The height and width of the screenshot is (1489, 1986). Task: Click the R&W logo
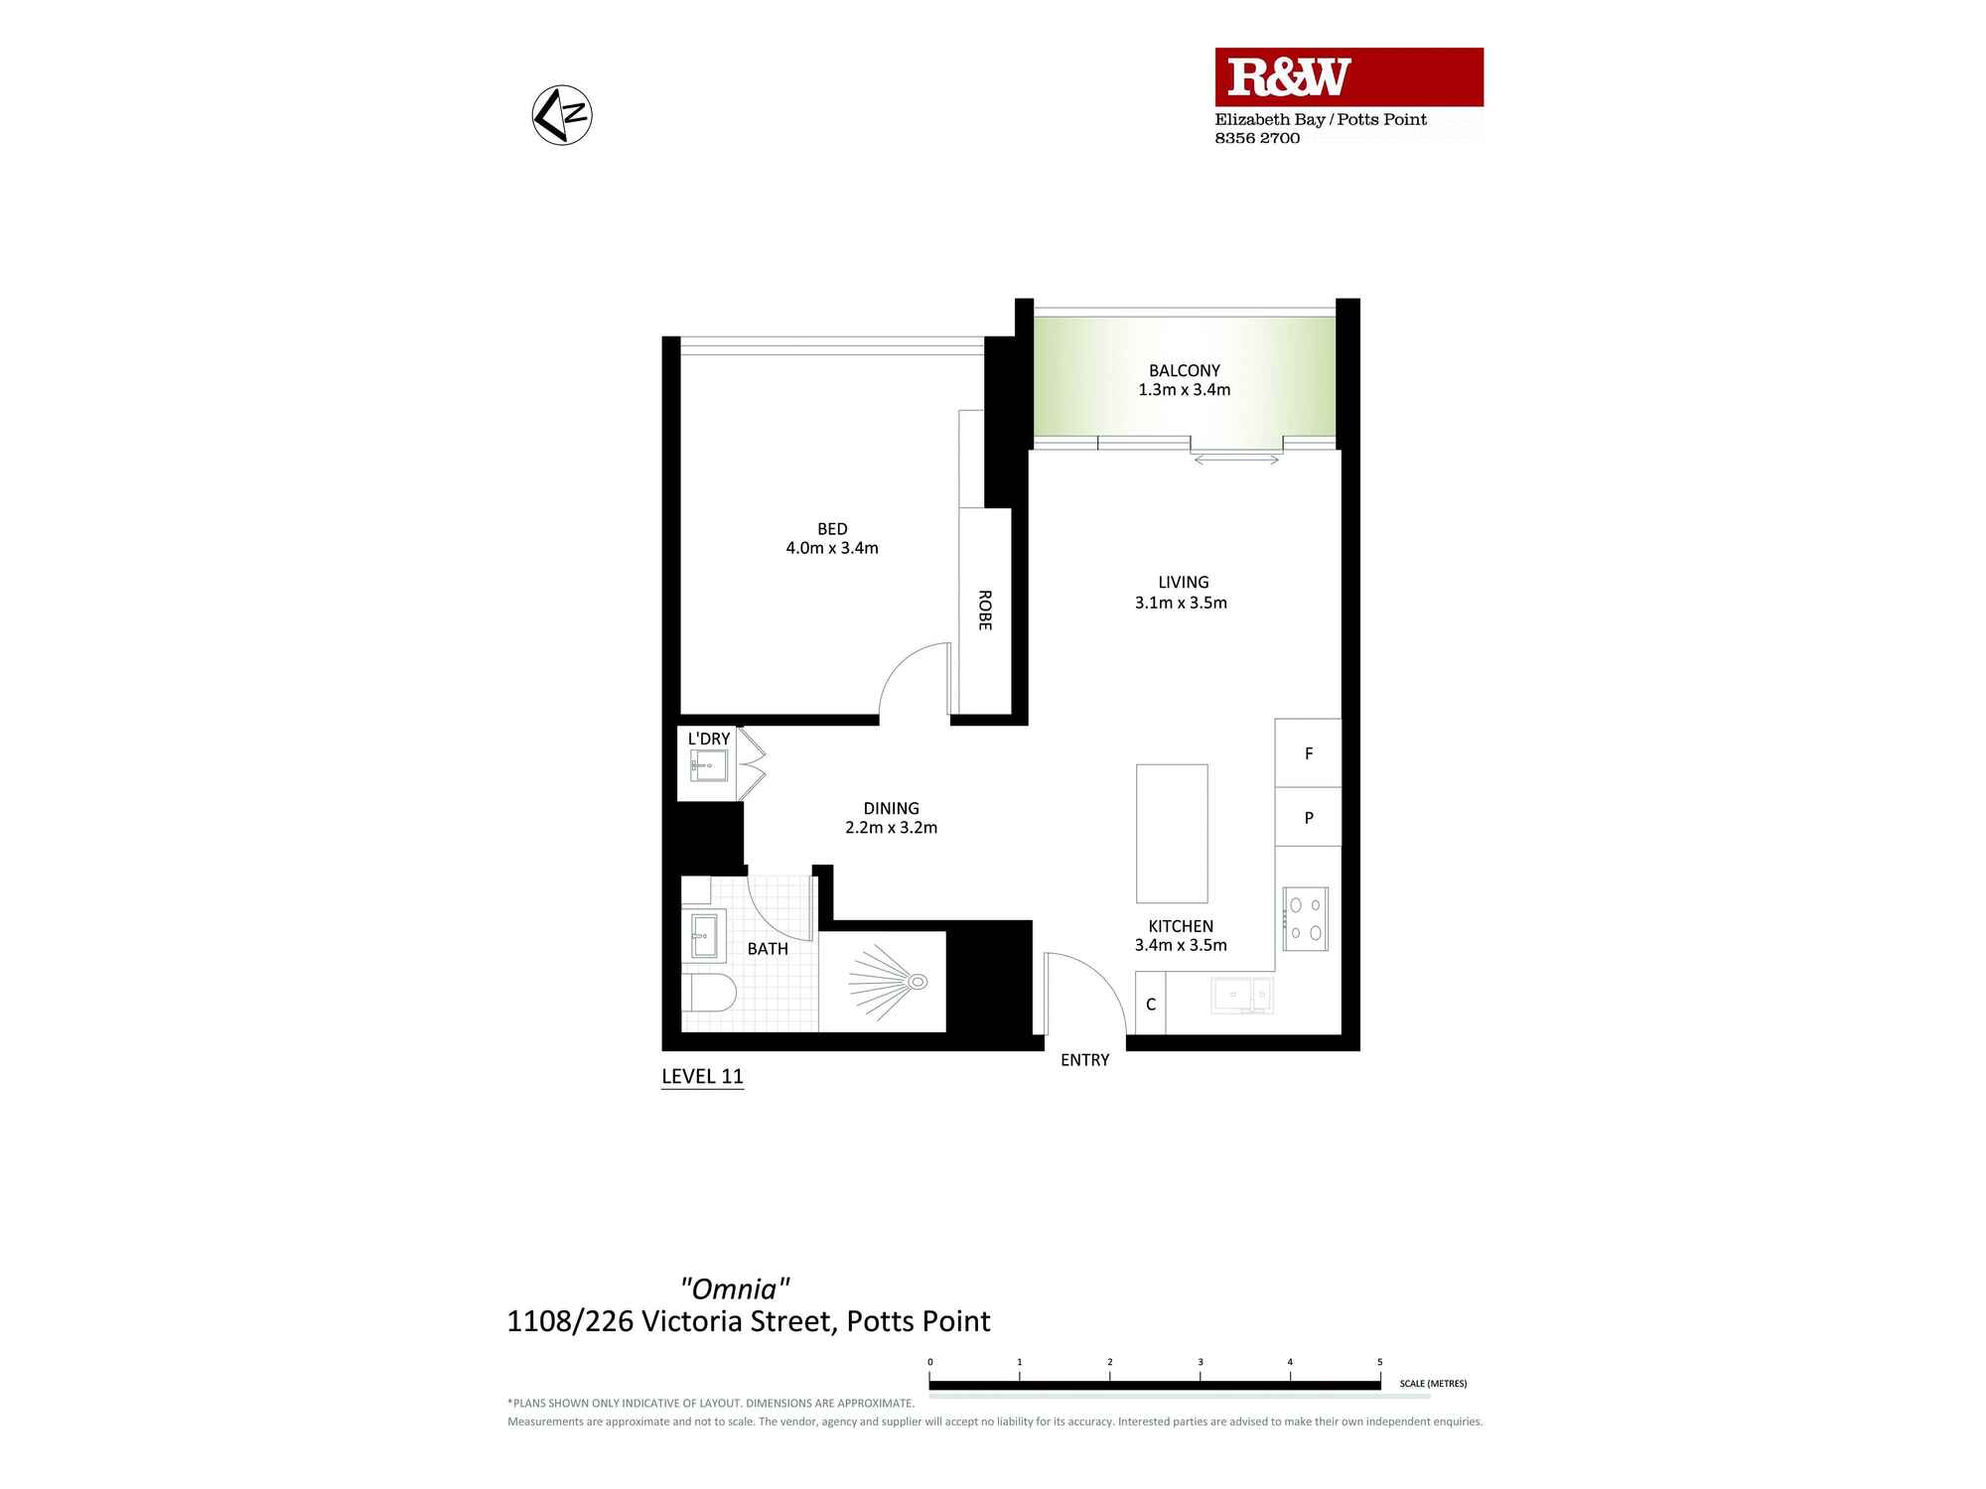point(1289,77)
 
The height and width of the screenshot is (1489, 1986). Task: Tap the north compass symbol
point(562,115)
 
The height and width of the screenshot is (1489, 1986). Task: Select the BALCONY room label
point(1184,370)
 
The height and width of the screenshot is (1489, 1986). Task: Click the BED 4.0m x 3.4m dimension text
point(832,548)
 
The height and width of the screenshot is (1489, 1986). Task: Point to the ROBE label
point(984,609)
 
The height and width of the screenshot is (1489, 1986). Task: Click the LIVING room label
point(1183,583)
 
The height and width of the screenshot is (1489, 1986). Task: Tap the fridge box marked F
point(1308,753)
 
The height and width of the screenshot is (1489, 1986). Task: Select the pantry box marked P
point(1308,818)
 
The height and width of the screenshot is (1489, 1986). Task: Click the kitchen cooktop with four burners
point(1305,919)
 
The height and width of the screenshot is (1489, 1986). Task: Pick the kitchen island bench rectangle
point(1172,833)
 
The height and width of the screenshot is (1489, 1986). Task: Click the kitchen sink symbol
point(1241,994)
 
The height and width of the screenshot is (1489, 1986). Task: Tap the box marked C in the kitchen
point(1150,1005)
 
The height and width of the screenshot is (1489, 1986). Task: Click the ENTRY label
point(1084,1060)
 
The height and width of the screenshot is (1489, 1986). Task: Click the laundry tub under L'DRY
point(709,766)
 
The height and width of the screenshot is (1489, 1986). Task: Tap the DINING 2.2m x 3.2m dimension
point(891,828)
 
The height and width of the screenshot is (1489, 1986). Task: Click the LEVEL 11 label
point(702,1076)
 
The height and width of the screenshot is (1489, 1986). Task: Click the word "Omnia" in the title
point(735,1288)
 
